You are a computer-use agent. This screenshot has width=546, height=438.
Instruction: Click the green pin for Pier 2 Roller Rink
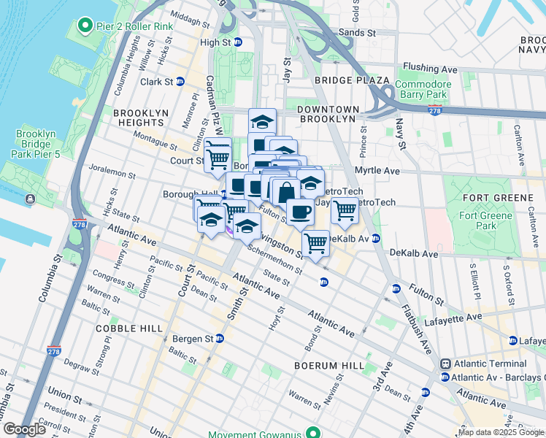pyautogui.click(x=84, y=27)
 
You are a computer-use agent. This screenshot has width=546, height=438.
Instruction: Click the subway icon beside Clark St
pyautogui.click(x=179, y=82)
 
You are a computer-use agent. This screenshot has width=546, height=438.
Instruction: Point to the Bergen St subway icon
pyautogui.click(x=219, y=339)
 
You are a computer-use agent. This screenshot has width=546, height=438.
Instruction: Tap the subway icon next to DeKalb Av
pyautogui.click(x=376, y=239)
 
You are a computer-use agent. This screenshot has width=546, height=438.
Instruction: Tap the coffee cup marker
pyautogui.click(x=300, y=212)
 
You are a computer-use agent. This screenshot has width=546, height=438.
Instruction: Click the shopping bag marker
pyautogui.click(x=286, y=192)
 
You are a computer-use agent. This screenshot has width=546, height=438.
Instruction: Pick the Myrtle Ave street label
pyautogui.click(x=377, y=171)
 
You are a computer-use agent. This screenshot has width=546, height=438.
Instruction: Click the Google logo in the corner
pyautogui.click(x=25, y=429)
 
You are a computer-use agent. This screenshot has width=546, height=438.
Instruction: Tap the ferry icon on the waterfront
pyautogui.click(x=30, y=199)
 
